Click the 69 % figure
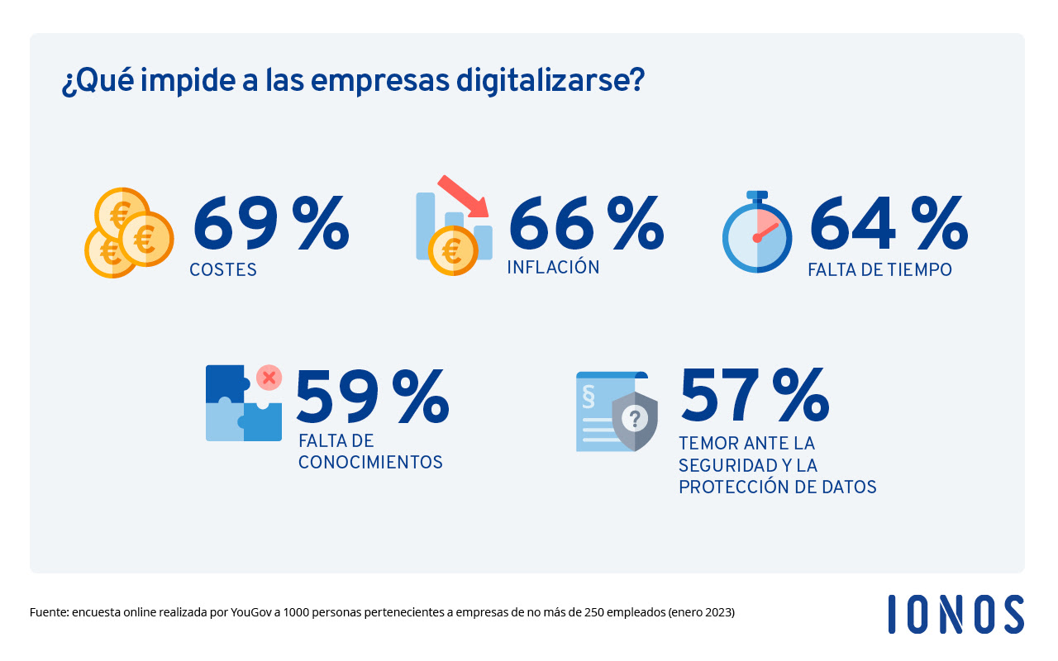coord(270,223)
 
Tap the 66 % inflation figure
coord(585,223)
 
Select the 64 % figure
coord(888,223)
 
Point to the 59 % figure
coord(372,399)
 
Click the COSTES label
coord(223,270)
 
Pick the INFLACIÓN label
coord(553,268)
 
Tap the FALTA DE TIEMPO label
coord(879,270)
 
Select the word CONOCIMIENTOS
coord(370,463)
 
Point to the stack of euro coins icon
coord(129,233)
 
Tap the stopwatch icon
coord(757,233)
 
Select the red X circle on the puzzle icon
coord(268,378)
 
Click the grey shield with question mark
coord(634,420)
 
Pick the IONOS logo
coord(956,615)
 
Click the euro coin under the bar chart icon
coord(452,250)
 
